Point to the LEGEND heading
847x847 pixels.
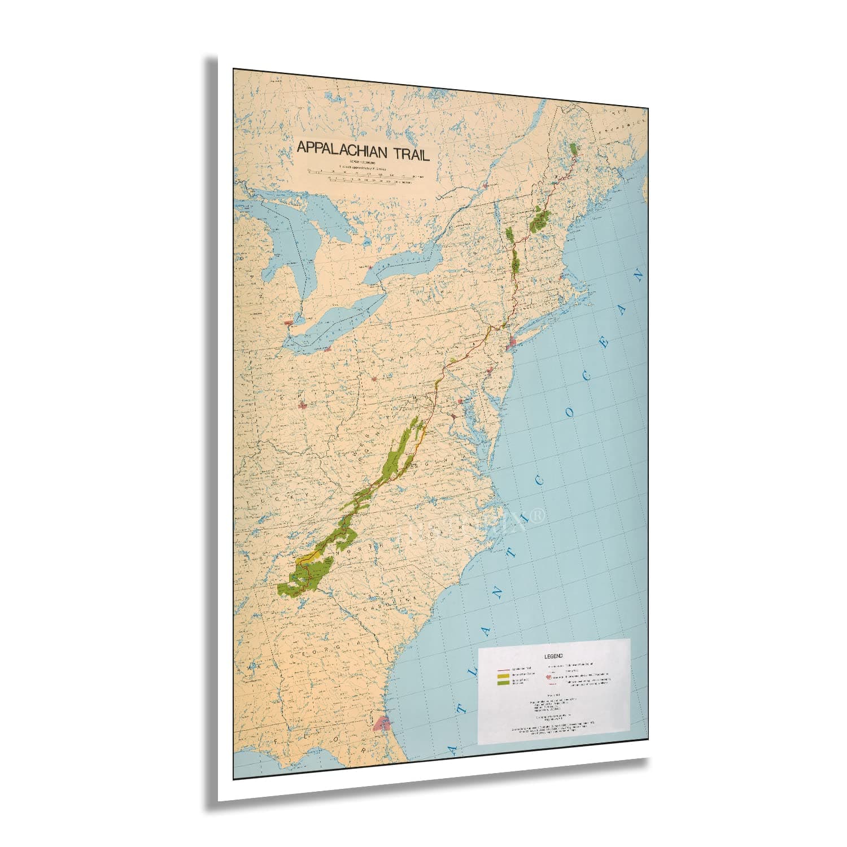point(553,656)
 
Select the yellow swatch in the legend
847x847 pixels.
point(503,675)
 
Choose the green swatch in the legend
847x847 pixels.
point(503,683)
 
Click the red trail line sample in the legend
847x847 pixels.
point(503,669)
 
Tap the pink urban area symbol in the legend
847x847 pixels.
point(548,676)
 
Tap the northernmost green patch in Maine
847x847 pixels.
point(575,149)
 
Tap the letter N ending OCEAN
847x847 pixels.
point(639,277)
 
